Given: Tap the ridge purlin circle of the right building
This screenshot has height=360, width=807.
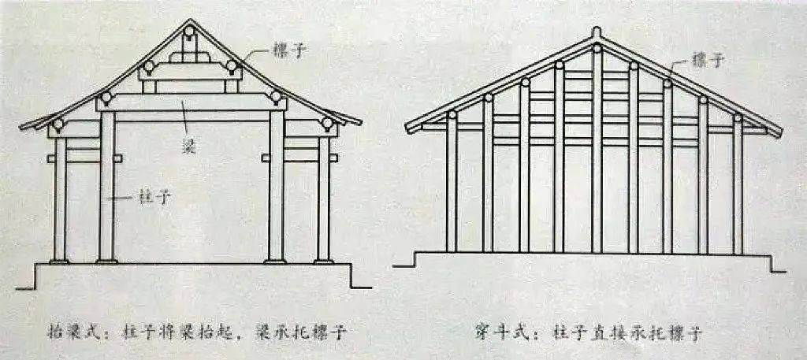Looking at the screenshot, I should point(597,49).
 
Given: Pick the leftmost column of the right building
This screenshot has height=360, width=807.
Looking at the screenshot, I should point(452,185).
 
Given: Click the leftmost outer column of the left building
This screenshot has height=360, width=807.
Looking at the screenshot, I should point(61,197).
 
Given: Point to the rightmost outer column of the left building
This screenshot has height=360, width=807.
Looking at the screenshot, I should point(323,197).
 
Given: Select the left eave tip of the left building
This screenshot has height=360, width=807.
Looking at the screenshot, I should point(22,125).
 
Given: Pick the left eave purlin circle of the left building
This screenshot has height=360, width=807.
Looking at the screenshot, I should point(58,124).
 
